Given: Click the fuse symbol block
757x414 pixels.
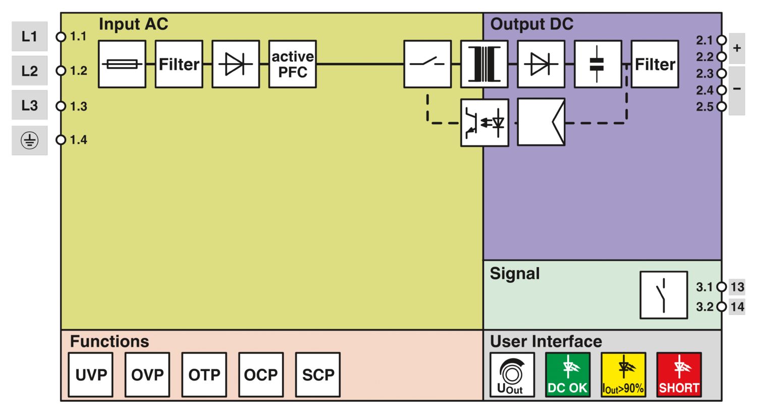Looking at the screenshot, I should click(x=122, y=64).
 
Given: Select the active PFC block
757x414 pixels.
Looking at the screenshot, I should click(x=292, y=64).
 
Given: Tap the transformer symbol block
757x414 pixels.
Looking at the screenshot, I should click(x=484, y=64).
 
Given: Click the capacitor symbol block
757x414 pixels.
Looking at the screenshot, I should click(x=598, y=64).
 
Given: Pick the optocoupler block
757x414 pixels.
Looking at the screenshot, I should click(x=484, y=123).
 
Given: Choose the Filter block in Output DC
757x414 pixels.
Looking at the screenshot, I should click(x=655, y=64).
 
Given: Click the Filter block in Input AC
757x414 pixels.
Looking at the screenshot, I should click(x=179, y=64).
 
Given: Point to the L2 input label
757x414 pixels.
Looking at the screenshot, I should click(x=29, y=71).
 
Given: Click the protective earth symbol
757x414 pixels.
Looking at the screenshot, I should click(x=29, y=140).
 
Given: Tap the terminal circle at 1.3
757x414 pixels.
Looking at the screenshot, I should click(x=61, y=106).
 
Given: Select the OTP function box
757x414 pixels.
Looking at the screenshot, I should click(x=204, y=375).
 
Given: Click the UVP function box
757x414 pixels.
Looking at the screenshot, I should click(x=91, y=375).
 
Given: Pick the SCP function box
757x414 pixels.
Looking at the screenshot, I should click(x=318, y=375).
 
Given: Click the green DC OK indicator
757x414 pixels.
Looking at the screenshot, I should click(x=568, y=375).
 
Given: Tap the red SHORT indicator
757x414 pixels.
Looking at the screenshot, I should click(x=679, y=375).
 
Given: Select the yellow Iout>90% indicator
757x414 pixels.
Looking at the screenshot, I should click(x=623, y=375).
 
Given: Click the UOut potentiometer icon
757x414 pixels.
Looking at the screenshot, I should click(x=512, y=375).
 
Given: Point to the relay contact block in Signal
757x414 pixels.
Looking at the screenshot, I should click(x=664, y=295).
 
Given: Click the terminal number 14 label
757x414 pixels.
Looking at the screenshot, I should click(x=737, y=306).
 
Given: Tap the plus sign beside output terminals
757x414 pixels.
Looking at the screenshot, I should click(x=737, y=48).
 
